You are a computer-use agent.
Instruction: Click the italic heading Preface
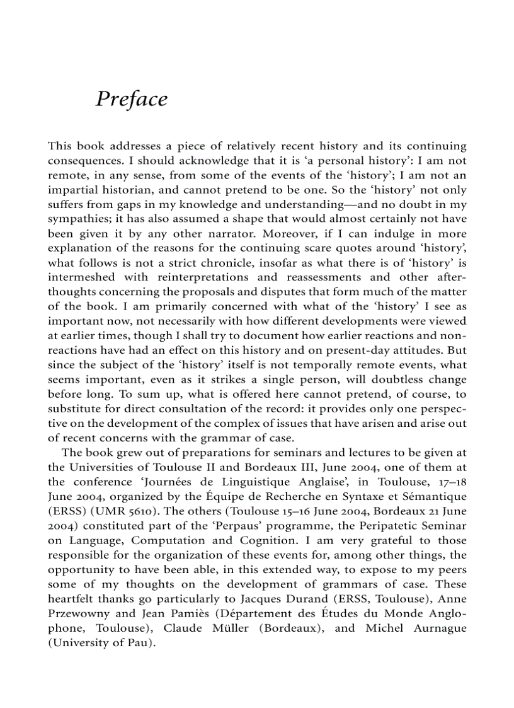(x=132, y=100)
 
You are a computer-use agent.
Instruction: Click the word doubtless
(x=408, y=380)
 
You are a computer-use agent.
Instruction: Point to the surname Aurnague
(x=440, y=628)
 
